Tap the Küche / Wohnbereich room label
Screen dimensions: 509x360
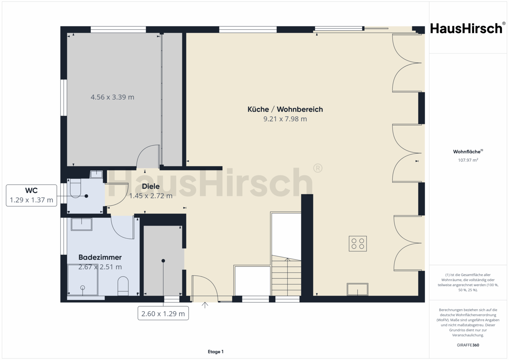(285, 109)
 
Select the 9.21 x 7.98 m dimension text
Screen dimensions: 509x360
(285, 119)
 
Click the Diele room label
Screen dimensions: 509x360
(151, 186)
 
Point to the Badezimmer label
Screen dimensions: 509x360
(100, 257)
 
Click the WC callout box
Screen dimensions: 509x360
(31, 195)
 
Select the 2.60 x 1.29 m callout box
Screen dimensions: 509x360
(163, 313)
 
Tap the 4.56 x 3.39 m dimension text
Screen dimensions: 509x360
(112, 97)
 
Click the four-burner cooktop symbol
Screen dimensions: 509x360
(358, 244)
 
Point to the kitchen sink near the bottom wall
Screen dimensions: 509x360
(357, 289)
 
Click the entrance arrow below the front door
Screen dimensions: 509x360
(205, 305)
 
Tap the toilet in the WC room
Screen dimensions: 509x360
(76, 188)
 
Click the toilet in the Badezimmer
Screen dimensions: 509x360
(123, 286)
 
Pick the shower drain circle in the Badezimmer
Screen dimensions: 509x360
(82, 288)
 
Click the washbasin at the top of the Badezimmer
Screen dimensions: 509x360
(82, 224)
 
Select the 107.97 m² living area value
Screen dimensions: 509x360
(468, 160)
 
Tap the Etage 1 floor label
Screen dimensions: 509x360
(216, 352)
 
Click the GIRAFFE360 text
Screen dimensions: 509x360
(468, 345)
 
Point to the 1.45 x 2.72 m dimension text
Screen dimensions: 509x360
(151, 196)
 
